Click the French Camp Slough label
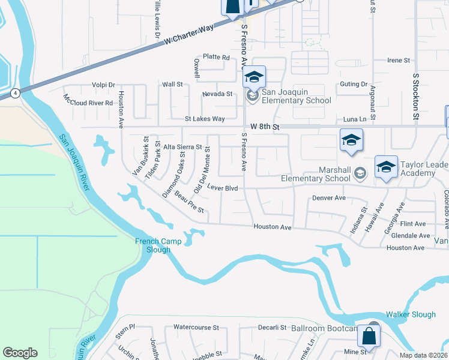pyautogui.click(x=152, y=245)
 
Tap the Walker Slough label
pyautogui.click(x=411, y=314)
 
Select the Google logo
pyautogui.click(x=20, y=353)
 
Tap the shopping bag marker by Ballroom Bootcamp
pyautogui.click(x=372, y=336)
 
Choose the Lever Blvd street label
pyautogui.click(x=223, y=187)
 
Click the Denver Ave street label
pyautogui.click(x=329, y=197)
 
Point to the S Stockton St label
pyautogui.click(x=415, y=98)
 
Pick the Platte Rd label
pyautogui.click(x=216, y=57)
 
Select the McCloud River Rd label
pyautogui.click(x=88, y=103)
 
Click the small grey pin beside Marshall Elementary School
pyautogui.click(x=360, y=173)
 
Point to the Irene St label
pyautogui.click(x=398, y=61)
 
